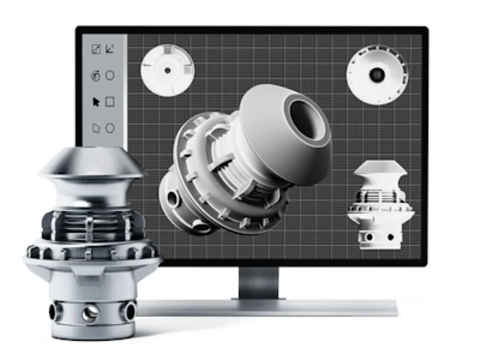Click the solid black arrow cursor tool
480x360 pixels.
(x=96, y=102)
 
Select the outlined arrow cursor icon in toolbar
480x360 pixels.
(x=96, y=128)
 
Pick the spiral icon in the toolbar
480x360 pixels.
(x=95, y=76)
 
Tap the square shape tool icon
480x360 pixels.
(x=110, y=101)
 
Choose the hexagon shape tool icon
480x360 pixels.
(x=110, y=128)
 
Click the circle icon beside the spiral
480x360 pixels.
(x=110, y=76)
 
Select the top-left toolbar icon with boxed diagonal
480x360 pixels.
(x=96, y=49)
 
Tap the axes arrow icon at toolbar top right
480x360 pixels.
(x=110, y=49)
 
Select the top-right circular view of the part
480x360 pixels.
(x=377, y=75)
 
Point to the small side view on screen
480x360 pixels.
(x=380, y=205)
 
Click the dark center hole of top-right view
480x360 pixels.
(x=377, y=75)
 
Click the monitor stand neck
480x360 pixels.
(x=258, y=283)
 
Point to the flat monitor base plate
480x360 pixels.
(x=267, y=308)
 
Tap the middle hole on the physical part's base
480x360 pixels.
(x=90, y=313)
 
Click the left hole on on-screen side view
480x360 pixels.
(x=368, y=236)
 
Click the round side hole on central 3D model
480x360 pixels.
(x=172, y=199)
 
